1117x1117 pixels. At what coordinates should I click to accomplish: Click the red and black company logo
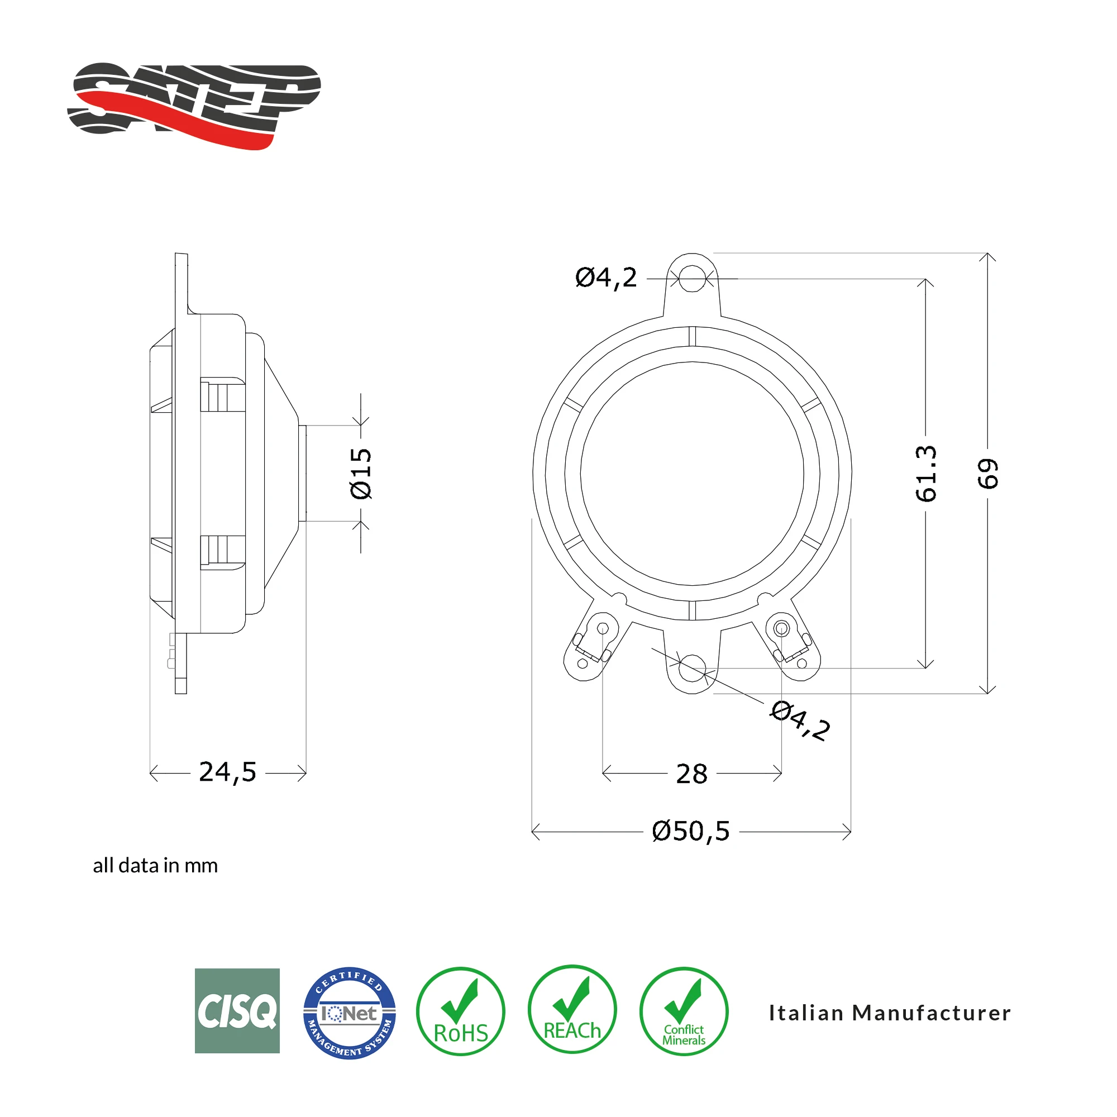point(194,104)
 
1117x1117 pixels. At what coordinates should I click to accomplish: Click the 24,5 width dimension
point(227,772)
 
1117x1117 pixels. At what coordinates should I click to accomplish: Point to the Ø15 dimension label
point(361,474)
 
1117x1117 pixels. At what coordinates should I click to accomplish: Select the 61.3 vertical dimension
point(925,474)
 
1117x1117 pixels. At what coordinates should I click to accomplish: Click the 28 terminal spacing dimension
point(691,774)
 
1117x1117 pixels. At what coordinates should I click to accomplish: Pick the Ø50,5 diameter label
point(691,832)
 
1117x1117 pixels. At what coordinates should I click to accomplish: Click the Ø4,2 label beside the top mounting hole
point(606,278)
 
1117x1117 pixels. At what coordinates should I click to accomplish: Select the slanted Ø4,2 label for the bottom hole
point(801,720)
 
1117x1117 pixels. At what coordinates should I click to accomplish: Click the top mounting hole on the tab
point(692,279)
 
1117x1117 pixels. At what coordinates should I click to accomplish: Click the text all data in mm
point(155,866)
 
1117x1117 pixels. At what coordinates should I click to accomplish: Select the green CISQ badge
point(237,1011)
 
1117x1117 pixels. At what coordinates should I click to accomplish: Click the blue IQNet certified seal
point(349,1013)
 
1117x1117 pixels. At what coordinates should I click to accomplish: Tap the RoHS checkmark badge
point(460,1012)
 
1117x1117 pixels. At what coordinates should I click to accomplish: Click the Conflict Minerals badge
point(684,1012)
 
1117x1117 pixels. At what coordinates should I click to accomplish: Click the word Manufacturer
point(932,1013)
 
